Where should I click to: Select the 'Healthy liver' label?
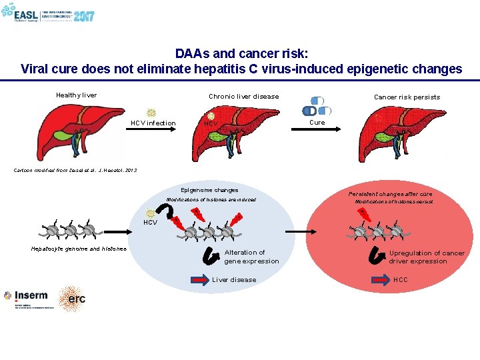[77, 95]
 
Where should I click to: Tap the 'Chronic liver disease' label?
[243, 97]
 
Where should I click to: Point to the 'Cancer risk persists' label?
[407, 97]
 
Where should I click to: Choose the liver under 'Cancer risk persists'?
[400, 133]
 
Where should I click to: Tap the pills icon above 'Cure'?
[313, 105]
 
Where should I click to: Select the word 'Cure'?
[317, 123]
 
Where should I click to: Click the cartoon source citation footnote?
[75, 171]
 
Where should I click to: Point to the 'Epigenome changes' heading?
[209, 191]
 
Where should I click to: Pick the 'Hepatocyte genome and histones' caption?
[79, 249]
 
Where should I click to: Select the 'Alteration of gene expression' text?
[251, 257]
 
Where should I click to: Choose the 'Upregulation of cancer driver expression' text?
[427, 257]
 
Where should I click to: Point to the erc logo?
[72, 299]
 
